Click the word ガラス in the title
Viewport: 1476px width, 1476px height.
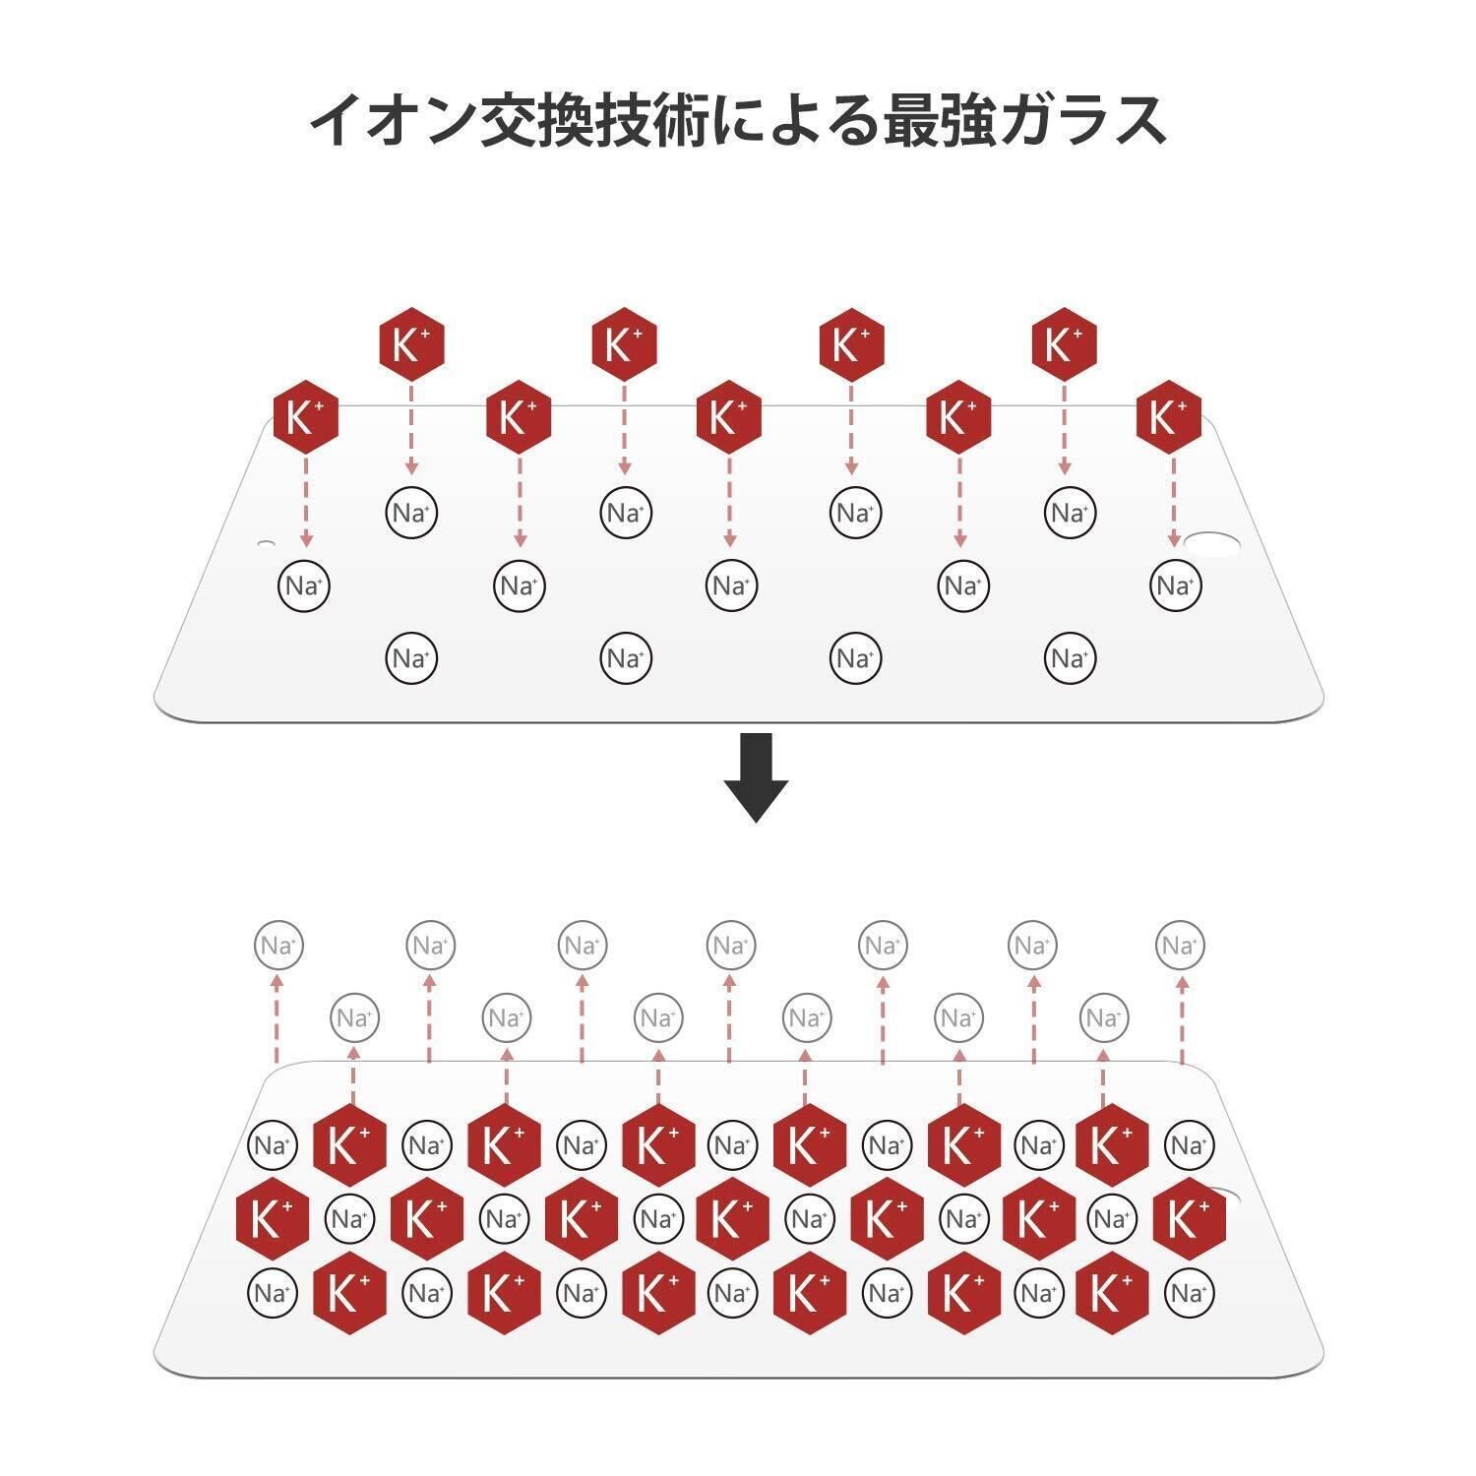point(1093,120)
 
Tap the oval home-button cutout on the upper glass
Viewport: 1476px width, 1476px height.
point(1213,544)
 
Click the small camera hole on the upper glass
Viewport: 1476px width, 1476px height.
point(266,543)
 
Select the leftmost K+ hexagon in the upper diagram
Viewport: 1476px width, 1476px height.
point(305,417)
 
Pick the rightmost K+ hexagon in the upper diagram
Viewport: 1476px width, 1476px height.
point(1168,417)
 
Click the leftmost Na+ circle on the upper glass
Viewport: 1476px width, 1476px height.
point(303,585)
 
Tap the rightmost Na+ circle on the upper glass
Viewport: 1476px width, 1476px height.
point(1175,585)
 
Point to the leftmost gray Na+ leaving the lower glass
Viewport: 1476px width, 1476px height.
point(278,946)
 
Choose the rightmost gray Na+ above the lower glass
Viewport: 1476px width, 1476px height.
point(1180,946)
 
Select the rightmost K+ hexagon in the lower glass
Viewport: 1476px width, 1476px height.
point(1189,1219)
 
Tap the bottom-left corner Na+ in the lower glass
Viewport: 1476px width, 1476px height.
point(273,1292)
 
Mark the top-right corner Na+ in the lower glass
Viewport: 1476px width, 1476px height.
point(1189,1145)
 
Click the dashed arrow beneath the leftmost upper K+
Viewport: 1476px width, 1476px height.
point(306,502)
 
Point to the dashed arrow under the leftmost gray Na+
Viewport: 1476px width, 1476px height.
point(277,1018)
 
